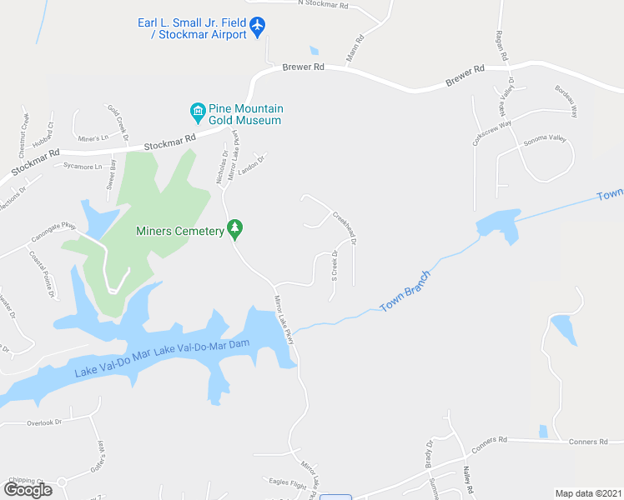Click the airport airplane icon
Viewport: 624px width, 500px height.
click(257, 27)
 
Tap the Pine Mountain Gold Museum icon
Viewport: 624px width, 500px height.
click(198, 110)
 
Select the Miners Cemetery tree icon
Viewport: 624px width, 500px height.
click(236, 227)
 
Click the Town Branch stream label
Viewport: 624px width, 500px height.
click(405, 291)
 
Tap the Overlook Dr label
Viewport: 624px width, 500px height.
click(44, 422)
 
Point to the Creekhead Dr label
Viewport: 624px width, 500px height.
click(345, 227)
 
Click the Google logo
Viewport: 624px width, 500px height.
click(28, 489)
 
